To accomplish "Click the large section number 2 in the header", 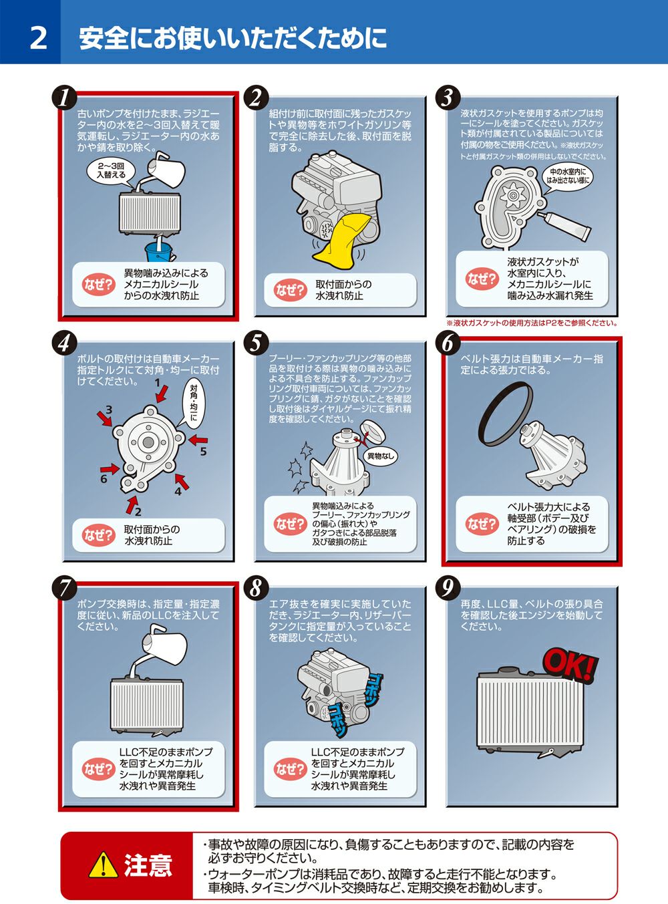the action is (39, 39).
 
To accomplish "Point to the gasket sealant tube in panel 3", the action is (564, 225).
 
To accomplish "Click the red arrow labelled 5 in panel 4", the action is (198, 440).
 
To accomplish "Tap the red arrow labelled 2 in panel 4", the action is (131, 504).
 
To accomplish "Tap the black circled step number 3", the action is (447, 98).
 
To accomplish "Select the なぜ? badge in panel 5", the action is (290, 524).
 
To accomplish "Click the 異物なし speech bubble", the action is (381, 456).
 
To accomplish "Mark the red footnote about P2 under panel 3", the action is (532, 323).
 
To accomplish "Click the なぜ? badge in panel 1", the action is (98, 284).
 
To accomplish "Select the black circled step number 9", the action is (447, 588).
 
